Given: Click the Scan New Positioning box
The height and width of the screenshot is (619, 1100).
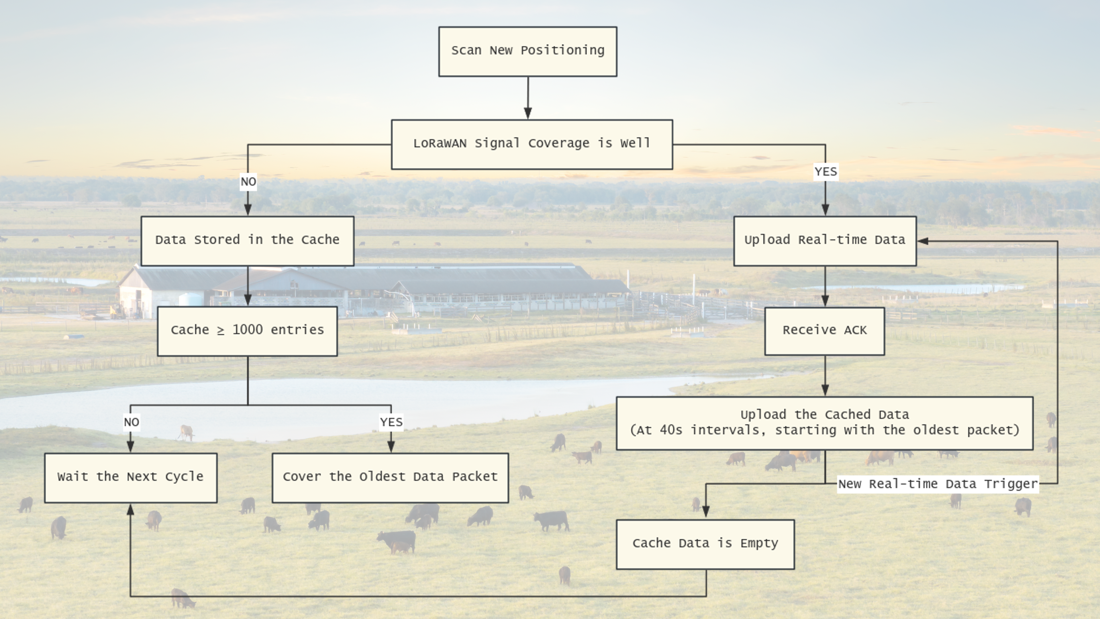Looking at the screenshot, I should click(528, 52).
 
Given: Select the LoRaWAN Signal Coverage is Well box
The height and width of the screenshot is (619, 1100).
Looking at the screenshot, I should click(532, 145).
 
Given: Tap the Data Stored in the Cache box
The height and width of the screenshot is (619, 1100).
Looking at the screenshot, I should click(247, 241).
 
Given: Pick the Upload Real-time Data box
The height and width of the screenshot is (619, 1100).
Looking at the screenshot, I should click(825, 241).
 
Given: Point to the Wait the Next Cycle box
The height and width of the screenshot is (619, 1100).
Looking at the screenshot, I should click(131, 478).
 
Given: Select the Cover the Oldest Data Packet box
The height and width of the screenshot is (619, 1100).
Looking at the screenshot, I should click(390, 478).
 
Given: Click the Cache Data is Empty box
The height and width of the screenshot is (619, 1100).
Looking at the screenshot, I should click(705, 544).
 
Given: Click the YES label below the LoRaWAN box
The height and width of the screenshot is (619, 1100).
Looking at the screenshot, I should click(826, 172).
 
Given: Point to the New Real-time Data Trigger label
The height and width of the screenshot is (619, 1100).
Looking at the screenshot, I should click(937, 484).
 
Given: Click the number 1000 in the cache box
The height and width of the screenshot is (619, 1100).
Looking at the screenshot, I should click(247, 330).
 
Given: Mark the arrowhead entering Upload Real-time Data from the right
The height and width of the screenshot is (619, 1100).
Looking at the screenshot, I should click(922, 241).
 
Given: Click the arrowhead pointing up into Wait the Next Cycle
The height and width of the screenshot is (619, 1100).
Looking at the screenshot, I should click(131, 509).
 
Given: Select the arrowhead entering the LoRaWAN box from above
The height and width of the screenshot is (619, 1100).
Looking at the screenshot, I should click(528, 113).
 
